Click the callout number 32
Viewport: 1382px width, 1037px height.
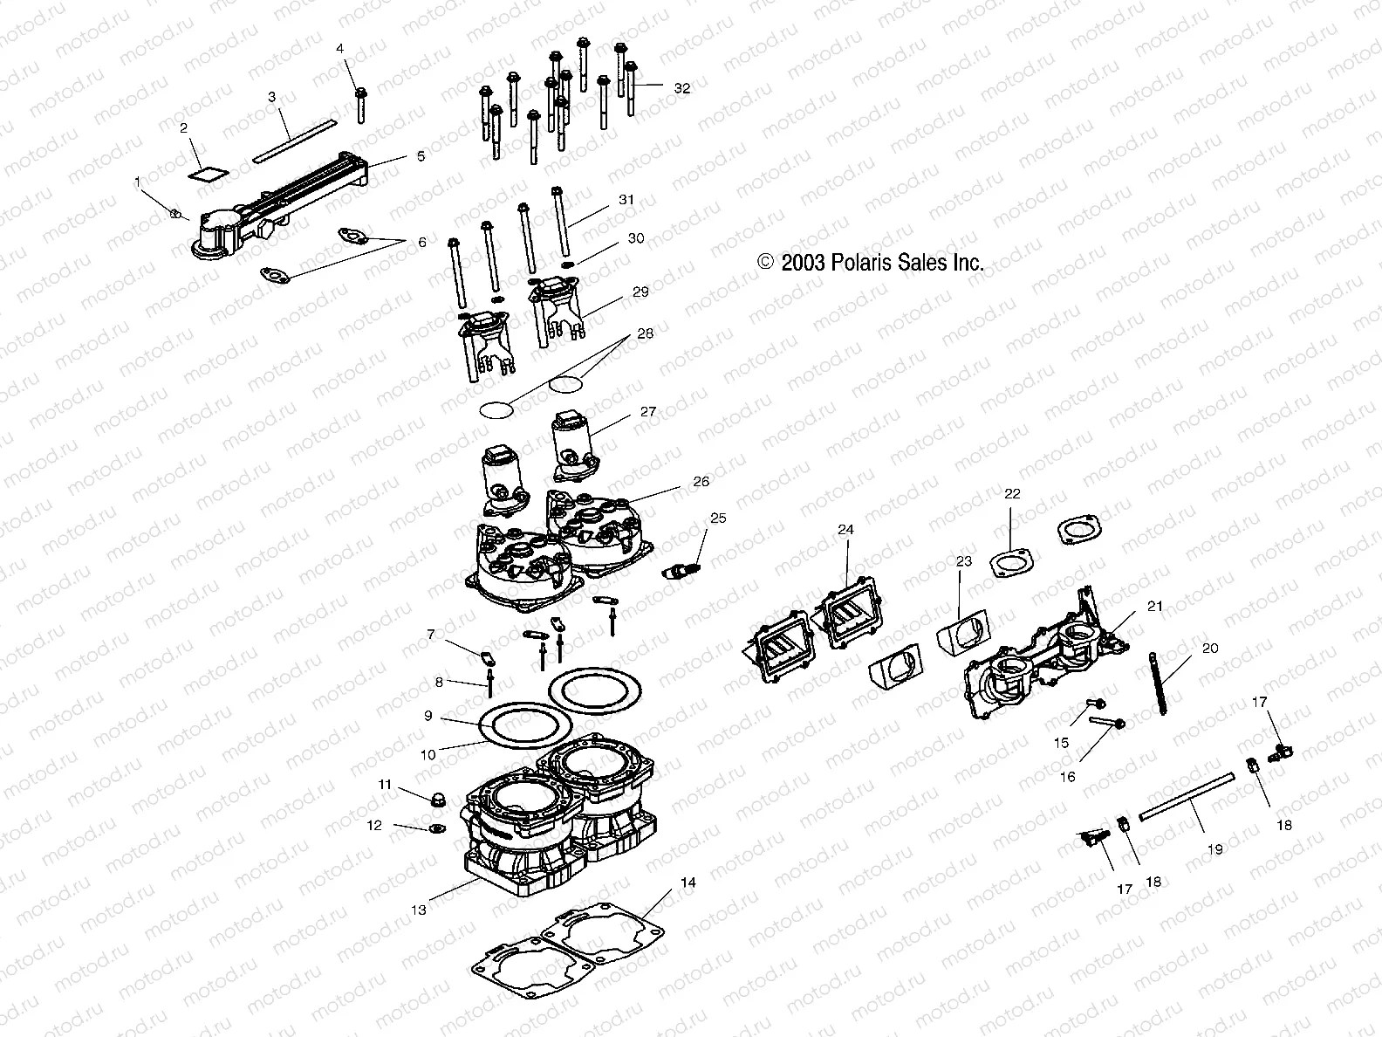point(681,88)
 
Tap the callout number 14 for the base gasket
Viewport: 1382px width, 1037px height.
point(688,882)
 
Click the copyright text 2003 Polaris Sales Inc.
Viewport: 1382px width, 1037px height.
point(871,263)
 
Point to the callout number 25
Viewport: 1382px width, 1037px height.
point(717,518)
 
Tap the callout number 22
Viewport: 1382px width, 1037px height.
point(1011,493)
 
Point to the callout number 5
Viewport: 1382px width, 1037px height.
point(421,156)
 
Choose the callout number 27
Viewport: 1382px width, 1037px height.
point(647,411)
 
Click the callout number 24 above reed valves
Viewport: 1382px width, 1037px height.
point(845,529)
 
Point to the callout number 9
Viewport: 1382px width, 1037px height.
point(428,716)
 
